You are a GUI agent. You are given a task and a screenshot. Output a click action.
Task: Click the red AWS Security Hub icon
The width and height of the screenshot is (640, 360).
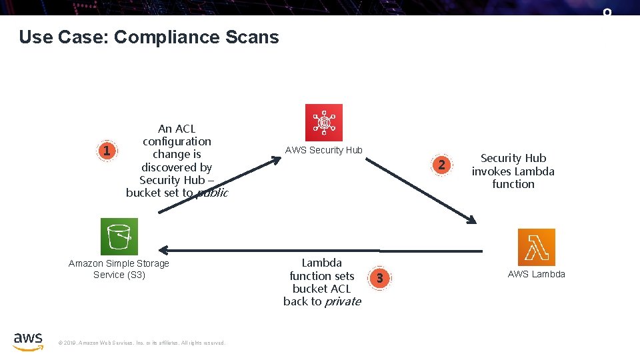(x=323, y=122)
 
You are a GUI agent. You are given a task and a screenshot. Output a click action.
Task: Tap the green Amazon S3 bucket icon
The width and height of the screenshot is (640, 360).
(x=119, y=236)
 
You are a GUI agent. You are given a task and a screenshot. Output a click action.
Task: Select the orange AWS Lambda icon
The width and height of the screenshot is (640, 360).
(x=536, y=247)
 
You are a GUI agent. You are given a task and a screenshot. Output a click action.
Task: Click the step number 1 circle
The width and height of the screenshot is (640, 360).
(x=106, y=151)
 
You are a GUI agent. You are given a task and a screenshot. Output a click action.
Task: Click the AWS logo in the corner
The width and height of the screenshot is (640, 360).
(x=28, y=340)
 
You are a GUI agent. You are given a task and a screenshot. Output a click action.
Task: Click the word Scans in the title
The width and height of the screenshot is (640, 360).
(x=252, y=37)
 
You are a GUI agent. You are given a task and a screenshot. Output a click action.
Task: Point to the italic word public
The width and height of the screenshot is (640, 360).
(x=212, y=193)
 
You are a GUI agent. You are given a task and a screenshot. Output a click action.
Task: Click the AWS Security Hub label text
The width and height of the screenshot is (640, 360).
(x=323, y=150)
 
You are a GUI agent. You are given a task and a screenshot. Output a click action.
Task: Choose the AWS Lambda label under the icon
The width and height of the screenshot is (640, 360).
(x=536, y=274)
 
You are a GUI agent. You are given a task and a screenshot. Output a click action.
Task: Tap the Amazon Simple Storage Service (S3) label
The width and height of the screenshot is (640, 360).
(x=119, y=269)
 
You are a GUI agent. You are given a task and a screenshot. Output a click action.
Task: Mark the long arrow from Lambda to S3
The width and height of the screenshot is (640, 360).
(x=320, y=250)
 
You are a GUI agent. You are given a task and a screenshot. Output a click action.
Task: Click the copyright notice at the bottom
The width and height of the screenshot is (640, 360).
(x=142, y=343)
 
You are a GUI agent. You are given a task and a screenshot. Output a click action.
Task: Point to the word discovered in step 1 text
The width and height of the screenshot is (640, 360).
(x=177, y=167)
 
